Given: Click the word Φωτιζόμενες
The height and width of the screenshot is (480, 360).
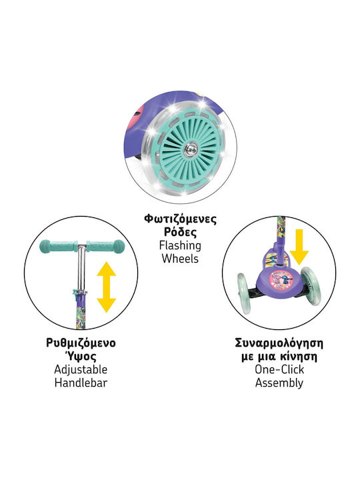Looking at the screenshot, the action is point(180,219).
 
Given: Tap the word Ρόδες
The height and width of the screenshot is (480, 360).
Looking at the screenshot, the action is point(180,232).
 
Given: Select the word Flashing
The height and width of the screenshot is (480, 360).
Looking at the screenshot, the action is point(180,246).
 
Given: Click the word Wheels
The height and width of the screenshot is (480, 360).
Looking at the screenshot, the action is point(180,259).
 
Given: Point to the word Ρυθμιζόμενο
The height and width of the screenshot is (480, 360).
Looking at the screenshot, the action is point(81,343).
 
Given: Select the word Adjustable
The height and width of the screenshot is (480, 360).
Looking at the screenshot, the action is point(81,370).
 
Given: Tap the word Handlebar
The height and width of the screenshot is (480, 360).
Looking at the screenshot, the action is point(81,383).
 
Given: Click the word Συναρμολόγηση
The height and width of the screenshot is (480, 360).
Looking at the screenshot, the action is point(279,343).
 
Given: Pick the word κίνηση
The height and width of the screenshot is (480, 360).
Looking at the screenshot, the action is point(298,357).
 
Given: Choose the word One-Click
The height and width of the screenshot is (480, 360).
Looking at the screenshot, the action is point(279,369).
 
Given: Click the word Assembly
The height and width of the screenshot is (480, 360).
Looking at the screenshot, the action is point(279,383).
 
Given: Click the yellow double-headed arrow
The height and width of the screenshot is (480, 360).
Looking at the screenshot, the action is point(106,287).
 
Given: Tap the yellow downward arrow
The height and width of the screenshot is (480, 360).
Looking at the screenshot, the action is point(299,247).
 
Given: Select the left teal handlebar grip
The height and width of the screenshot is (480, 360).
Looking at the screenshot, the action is point(58,247).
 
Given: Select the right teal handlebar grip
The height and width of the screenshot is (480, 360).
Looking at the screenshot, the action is point(106,247).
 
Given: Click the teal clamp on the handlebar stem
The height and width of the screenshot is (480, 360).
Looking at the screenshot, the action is point(79,293).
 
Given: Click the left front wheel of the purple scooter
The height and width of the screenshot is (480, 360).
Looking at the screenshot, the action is point(244,293).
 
